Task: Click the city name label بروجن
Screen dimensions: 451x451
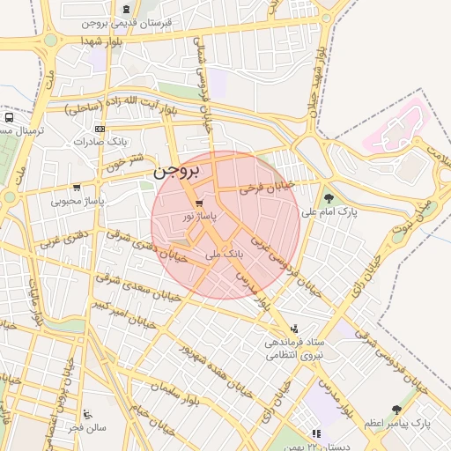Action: pos(177,171)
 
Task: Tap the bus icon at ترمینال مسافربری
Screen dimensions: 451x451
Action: pos(9,117)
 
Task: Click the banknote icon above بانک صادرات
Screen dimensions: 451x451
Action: pos(99,129)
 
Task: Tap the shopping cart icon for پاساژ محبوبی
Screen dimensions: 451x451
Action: pos(78,188)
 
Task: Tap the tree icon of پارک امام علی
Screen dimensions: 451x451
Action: pos(329,198)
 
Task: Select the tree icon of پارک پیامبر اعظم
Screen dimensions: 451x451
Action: pos(396,410)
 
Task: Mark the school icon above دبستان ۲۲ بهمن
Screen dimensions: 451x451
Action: pos(315,433)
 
